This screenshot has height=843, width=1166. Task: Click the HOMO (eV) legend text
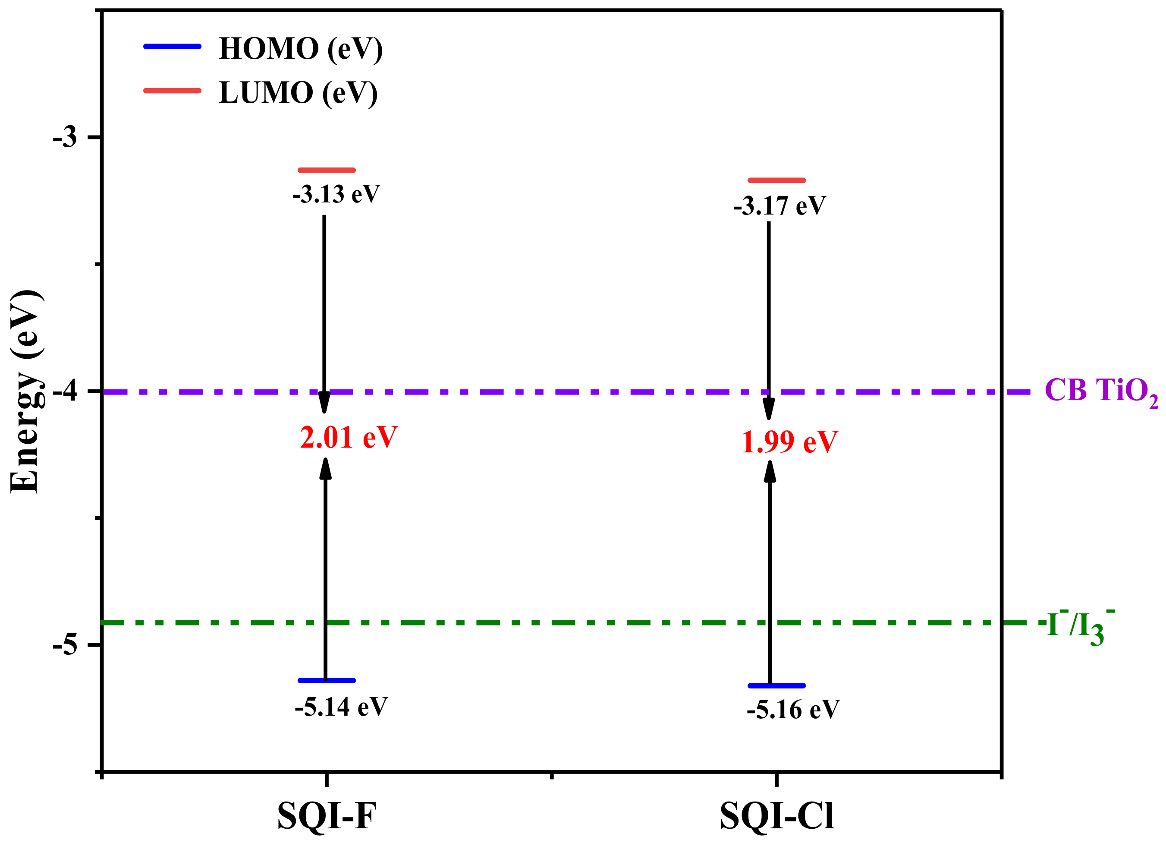pos(301,49)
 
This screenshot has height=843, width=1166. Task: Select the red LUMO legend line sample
pos(172,91)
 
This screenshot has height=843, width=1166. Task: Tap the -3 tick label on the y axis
pos(65,137)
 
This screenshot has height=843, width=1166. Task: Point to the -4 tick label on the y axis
pos(65,392)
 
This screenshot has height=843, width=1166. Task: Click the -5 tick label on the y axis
pos(65,645)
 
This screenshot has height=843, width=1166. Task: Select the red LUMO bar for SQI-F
pos(327,170)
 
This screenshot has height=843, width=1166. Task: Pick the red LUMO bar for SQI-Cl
pos(776,180)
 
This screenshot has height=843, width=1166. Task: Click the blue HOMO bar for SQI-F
pos(327,680)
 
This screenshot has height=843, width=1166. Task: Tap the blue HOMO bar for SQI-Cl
pos(776,685)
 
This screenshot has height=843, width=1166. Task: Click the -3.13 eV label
pos(336,194)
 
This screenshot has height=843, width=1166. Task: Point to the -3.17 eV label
pos(779,206)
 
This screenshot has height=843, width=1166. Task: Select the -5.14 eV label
pos(341,707)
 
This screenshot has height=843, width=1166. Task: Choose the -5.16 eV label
pos(793,710)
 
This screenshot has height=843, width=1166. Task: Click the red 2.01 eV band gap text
pos(349,438)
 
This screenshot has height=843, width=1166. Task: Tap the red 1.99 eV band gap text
pos(790,442)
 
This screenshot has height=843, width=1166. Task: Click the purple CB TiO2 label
pos(1100,392)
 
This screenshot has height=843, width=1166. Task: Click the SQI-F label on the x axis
pos(327,816)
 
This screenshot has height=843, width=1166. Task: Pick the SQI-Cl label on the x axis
pos(776,816)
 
